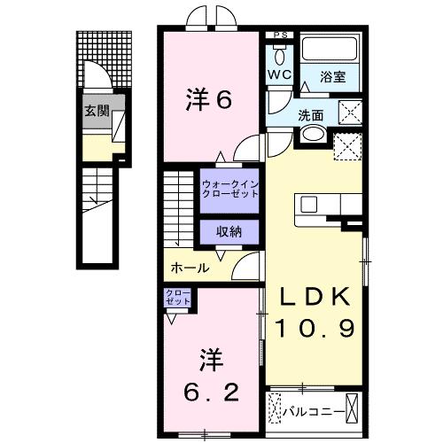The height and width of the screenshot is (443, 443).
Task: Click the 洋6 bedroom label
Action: click(208, 100)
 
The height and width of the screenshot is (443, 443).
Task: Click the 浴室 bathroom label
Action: click(333, 78)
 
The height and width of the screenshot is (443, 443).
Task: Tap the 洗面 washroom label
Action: click(310, 113)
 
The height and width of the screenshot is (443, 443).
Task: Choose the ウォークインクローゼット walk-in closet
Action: click(229, 189)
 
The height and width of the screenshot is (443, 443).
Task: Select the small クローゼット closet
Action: click(176, 299)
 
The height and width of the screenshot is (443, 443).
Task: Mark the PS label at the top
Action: click(281, 35)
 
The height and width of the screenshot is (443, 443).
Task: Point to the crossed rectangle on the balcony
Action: click(354, 410)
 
